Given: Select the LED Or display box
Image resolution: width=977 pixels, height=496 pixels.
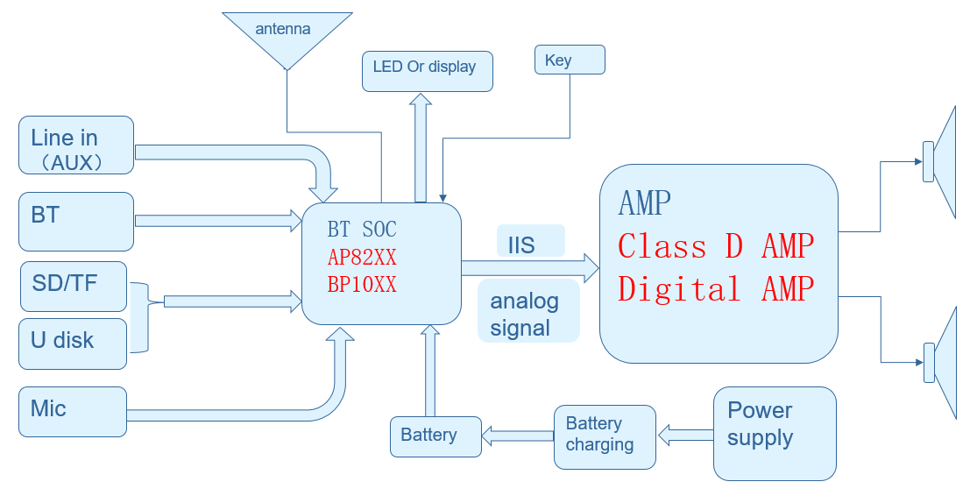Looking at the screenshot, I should click(427, 70).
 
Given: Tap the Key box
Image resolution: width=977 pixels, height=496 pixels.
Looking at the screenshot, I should click(570, 60).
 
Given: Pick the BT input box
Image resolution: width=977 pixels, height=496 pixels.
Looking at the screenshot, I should click(76, 221).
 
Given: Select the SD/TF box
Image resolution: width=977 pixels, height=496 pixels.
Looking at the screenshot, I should click(74, 286).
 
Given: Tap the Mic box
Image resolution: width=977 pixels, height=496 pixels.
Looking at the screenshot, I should click(74, 411).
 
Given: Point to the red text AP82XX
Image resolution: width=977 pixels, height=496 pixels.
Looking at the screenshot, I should click(362, 258).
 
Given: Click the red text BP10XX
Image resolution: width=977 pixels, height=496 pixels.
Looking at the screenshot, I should click(362, 285).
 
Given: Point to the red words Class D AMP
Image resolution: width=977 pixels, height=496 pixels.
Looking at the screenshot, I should click(715, 246).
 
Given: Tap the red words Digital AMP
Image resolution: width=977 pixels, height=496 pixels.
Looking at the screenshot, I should click(715, 288).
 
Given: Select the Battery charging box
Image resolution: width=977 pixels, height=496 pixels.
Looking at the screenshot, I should click(605, 436).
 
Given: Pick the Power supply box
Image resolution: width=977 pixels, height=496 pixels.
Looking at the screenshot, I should click(775, 434).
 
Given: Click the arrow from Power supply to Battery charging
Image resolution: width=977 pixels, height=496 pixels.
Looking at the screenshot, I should click(686, 434).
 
